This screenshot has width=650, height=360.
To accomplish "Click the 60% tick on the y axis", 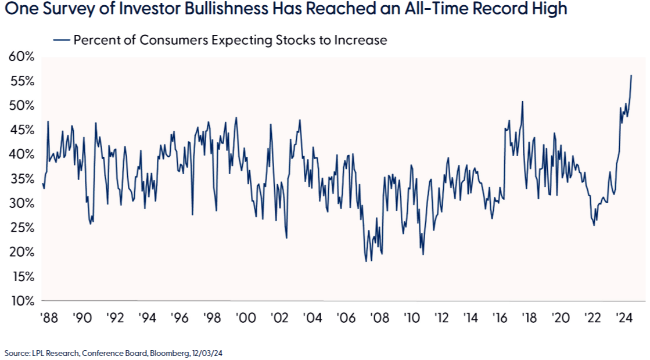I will tap(21, 57).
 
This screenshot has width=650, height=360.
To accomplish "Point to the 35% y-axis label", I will tap(21, 179).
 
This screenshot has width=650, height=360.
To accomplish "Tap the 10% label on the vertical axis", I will tap(21, 301).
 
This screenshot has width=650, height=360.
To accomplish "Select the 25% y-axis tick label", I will tap(21, 228).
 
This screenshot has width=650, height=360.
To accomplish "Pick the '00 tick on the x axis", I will tap(246, 318).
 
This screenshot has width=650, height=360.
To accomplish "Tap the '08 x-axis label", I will tap(379, 318).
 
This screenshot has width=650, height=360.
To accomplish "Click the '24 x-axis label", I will tap(624, 318).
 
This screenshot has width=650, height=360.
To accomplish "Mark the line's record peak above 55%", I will tap(631, 75).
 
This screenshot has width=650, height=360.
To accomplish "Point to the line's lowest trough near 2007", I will tap(367, 261).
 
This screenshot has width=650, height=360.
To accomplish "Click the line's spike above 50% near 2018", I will tap(522, 102).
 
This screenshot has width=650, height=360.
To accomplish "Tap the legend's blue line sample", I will tap(61, 40).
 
